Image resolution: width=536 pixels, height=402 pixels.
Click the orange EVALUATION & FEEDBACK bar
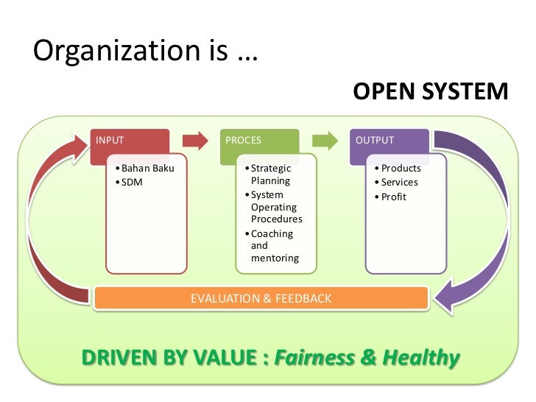tap(261, 298)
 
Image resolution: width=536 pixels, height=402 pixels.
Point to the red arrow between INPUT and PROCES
tap(194, 141)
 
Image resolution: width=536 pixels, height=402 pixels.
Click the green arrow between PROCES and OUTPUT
tap(325, 141)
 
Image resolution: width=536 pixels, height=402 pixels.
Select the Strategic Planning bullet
tap(271, 174)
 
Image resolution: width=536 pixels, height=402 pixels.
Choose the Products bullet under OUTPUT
tap(401, 169)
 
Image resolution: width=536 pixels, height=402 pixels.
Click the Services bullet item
tap(399, 183)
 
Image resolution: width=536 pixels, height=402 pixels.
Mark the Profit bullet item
tap(393, 197)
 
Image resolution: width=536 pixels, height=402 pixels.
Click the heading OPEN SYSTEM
tap(430, 92)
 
